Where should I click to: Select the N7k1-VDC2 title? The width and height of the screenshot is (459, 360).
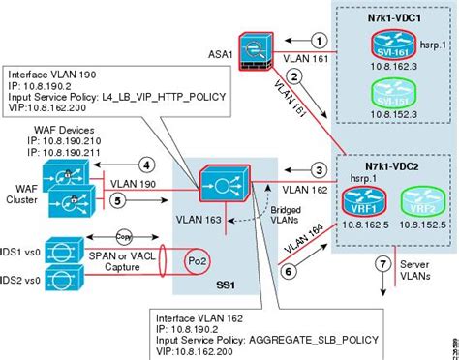382,165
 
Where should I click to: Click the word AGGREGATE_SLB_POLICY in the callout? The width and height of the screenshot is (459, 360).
291,340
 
